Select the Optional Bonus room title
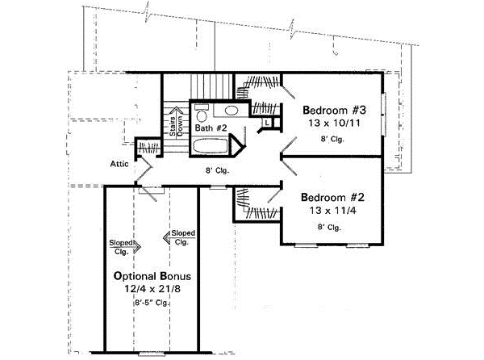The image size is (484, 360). pyautogui.click(x=151, y=275)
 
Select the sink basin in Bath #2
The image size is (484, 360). pyautogui.click(x=231, y=111)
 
